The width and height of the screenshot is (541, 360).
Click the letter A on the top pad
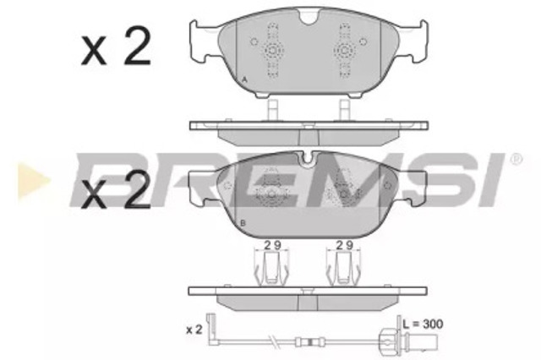click(x=244, y=80)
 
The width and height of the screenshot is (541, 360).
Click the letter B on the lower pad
click(x=243, y=223)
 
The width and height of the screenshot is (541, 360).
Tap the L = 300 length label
click(x=423, y=324)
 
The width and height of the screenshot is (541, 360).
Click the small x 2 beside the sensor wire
click(x=194, y=330)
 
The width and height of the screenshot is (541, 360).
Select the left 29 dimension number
click(x=272, y=245)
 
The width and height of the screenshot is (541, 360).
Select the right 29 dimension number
click(x=345, y=245)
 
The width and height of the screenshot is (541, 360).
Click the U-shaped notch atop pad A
click(x=309, y=18)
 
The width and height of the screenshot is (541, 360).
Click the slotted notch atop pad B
click(x=307, y=160)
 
